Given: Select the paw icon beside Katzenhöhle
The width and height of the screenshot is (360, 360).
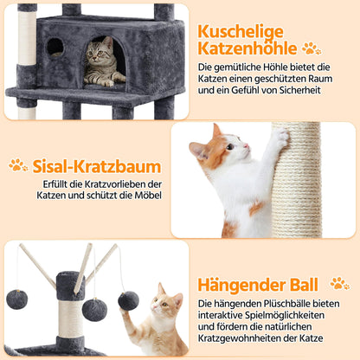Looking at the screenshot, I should (311, 48).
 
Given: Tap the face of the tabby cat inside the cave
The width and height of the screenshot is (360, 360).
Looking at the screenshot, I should (105, 53).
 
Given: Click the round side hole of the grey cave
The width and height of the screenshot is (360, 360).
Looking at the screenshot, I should (55, 47).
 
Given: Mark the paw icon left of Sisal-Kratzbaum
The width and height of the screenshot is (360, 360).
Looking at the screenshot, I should (17, 164).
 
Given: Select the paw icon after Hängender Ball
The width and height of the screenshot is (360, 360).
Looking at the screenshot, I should (339, 284).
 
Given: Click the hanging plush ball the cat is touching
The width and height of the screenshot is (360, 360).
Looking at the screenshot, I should (129, 299).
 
